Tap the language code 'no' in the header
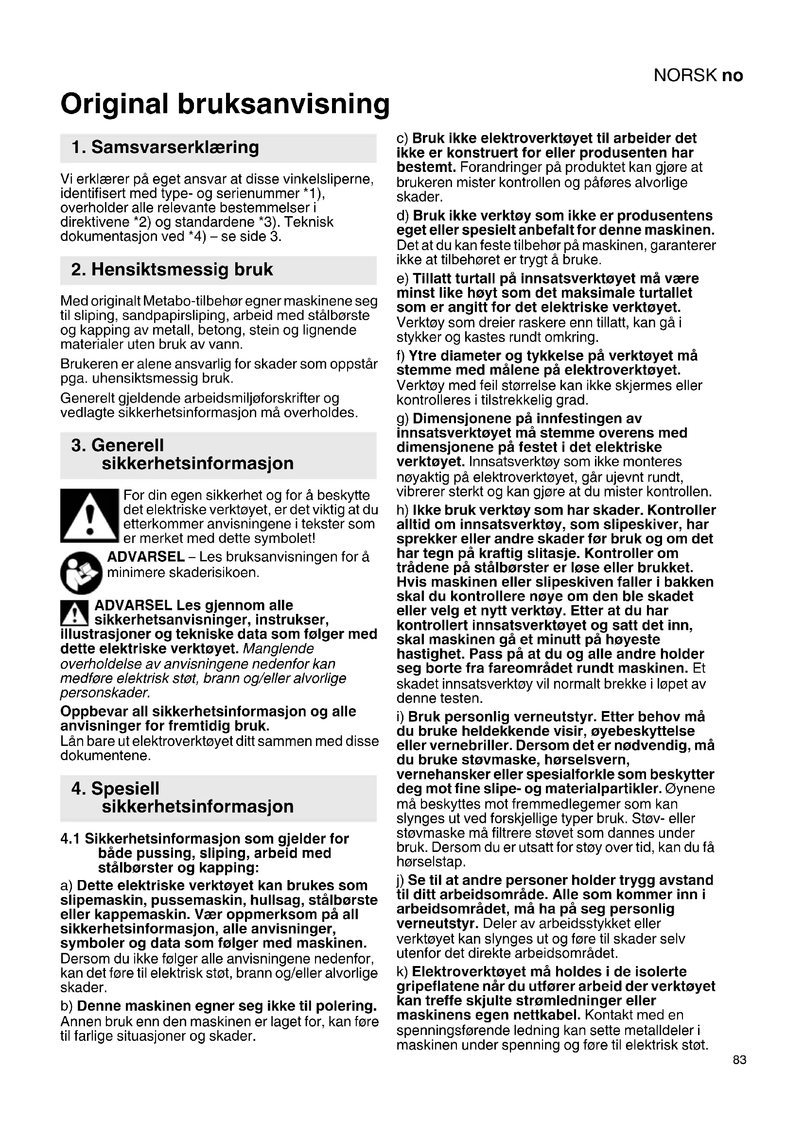(x=732, y=76)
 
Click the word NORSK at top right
(x=685, y=76)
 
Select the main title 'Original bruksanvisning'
(x=225, y=104)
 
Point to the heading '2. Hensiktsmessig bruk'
(x=172, y=270)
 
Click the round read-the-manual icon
(x=81, y=573)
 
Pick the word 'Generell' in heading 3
(x=127, y=445)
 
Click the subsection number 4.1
(x=70, y=839)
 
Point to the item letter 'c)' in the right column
(x=402, y=138)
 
